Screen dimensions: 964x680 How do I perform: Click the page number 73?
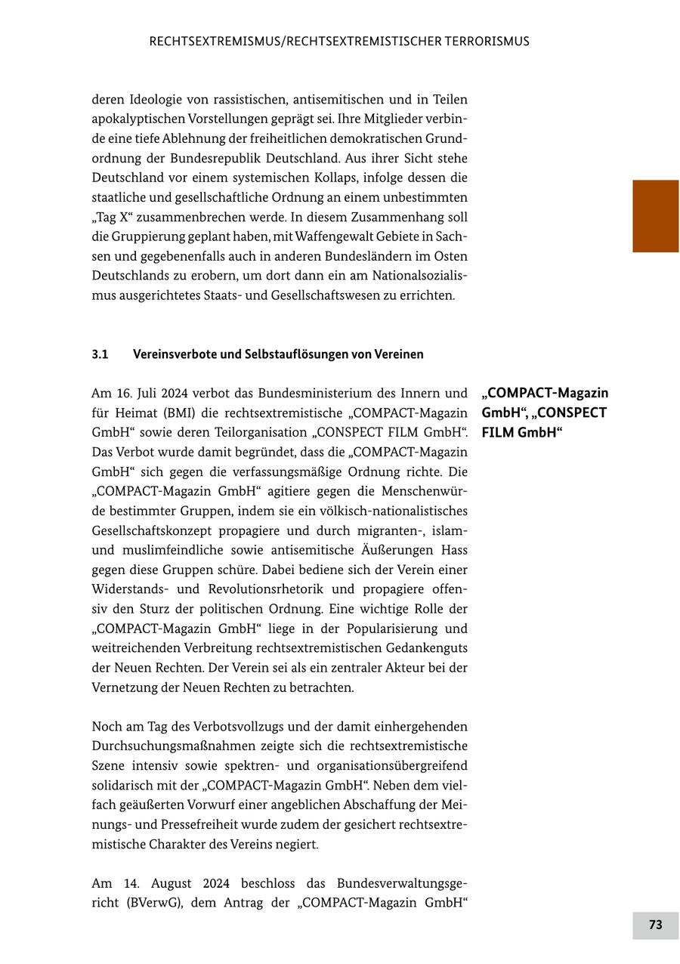(x=655, y=925)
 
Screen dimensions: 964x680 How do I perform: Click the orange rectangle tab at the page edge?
(x=655, y=215)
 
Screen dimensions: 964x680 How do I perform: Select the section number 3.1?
(x=100, y=354)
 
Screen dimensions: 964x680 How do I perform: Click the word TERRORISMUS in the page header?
(x=480, y=42)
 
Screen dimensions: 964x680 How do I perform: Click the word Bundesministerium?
(x=311, y=394)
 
